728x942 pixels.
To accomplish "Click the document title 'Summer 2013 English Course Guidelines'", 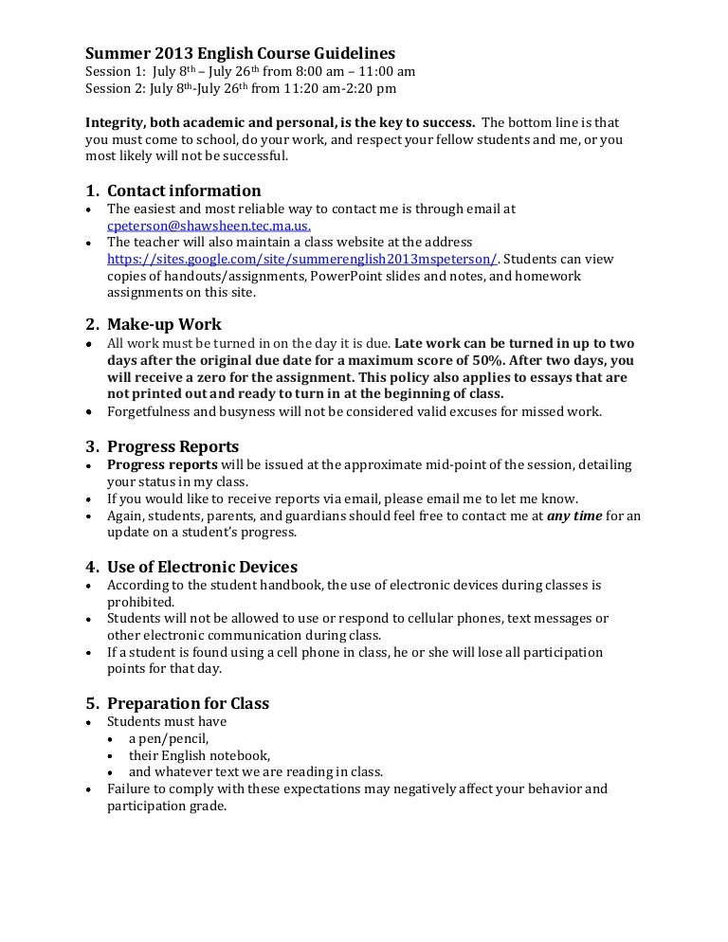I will click(x=240, y=53).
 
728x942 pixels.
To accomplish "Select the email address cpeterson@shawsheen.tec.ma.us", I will click(x=209, y=226).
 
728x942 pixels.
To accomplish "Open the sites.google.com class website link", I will click(x=302, y=259).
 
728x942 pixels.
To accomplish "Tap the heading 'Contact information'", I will click(x=184, y=190).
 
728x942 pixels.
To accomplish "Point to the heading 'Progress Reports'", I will click(x=173, y=446).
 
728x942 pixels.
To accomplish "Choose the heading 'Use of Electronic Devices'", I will click(x=202, y=568).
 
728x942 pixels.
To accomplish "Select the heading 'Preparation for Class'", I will click(x=188, y=703).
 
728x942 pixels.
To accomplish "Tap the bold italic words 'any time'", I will click(x=574, y=516).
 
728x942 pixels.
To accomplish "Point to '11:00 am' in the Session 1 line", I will click(x=386, y=71).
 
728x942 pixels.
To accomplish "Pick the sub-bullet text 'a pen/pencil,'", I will click(x=169, y=738).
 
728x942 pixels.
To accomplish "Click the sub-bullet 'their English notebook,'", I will click(x=200, y=755).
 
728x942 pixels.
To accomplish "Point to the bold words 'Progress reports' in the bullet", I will click(x=162, y=464).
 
